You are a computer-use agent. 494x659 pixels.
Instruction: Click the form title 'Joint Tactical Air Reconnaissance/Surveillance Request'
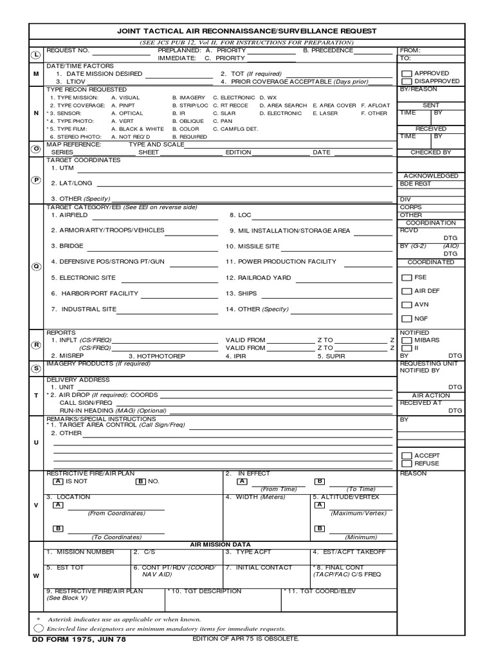click(246, 30)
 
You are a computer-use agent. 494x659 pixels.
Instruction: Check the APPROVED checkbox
click(406, 74)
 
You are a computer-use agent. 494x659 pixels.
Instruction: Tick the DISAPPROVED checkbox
click(406, 82)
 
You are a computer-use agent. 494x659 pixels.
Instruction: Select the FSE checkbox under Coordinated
click(406, 277)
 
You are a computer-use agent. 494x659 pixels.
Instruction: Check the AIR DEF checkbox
click(406, 292)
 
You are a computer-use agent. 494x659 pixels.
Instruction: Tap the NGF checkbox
click(406, 319)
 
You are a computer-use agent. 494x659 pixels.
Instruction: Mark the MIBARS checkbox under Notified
click(406, 340)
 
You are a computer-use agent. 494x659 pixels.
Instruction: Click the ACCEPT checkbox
click(406, 456)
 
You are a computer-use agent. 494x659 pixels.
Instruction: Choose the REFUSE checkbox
click(406, 463)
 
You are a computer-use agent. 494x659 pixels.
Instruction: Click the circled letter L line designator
click(36, 55)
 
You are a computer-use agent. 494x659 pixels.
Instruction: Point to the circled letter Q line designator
click(36, 266)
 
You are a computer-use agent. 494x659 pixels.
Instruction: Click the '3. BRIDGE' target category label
click(68, 246)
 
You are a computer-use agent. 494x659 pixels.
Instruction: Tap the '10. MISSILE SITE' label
click(252, 246)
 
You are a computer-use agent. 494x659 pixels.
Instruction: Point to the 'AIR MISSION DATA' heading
click(220, 544)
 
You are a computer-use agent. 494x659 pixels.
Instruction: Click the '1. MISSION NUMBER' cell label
click(80, 552)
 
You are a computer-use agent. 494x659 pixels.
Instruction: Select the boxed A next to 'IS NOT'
click(58, 481)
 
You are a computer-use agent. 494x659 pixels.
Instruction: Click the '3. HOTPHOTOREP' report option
click(157, 356)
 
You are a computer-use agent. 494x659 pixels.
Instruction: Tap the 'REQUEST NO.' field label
click(68, 50)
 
